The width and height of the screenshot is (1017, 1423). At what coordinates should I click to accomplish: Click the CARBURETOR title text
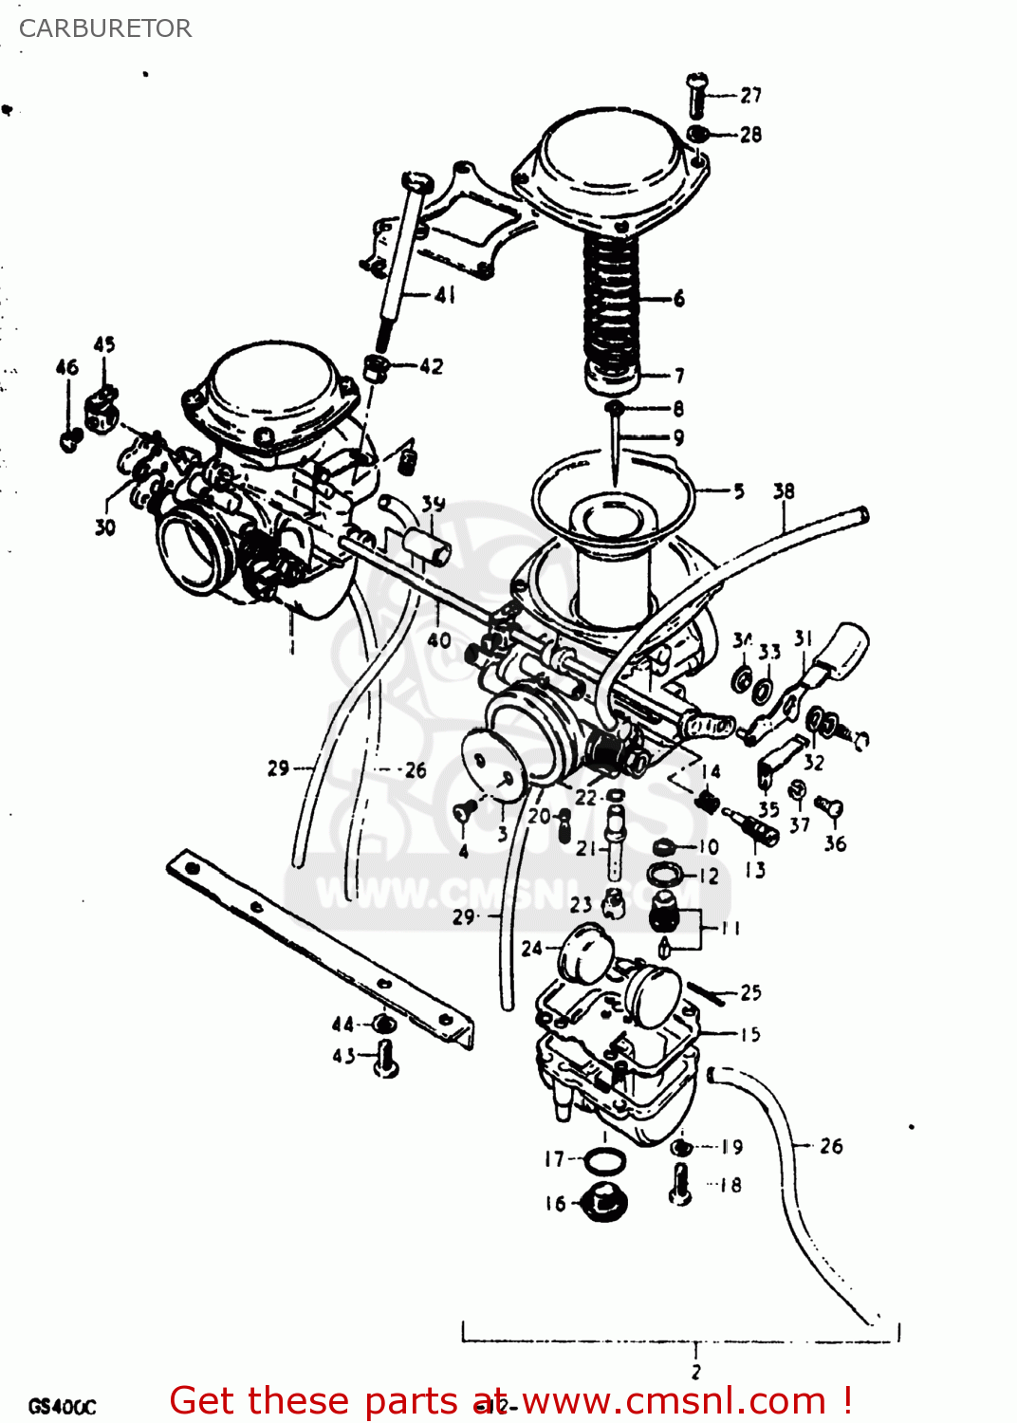[105, 28]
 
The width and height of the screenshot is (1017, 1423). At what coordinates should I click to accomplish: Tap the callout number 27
[750, 95]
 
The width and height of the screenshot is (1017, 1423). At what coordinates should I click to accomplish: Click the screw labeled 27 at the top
[697, 95]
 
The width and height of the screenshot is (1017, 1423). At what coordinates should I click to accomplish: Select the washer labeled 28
[698, 134]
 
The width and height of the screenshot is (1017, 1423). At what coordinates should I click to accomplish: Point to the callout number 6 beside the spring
[679, 299]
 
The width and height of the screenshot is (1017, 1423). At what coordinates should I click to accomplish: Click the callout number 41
[445, 295]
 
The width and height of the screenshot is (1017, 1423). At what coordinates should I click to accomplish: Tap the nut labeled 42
[377, 367]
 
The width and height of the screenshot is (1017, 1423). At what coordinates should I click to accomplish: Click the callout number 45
[104, 344]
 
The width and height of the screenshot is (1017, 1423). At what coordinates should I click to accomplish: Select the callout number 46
[66, 367]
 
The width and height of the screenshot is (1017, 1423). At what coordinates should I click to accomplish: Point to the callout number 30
[104, 527]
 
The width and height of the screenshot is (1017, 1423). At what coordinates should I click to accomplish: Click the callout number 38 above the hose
[784, 491]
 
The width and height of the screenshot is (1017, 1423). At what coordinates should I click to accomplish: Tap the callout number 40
[439, 640]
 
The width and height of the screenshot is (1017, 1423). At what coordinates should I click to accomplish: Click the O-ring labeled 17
[604, 1160]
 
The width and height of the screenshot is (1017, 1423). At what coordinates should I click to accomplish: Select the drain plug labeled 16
[603, 1203]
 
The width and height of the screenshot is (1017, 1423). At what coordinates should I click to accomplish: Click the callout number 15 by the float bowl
[750, 1034]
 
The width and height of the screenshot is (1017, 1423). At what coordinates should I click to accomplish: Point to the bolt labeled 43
[385, 1059]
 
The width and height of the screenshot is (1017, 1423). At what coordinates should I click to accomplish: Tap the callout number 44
[342, 1025]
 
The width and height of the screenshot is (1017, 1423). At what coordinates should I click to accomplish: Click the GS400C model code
[62, 1406]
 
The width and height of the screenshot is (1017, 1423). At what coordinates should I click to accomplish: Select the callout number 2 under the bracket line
[695, 1372]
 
